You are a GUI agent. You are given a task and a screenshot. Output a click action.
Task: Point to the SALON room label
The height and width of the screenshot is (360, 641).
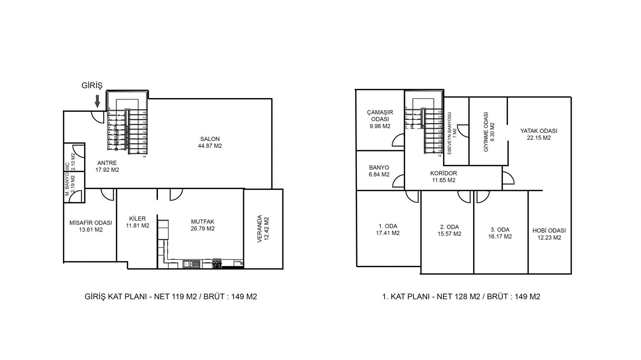210,139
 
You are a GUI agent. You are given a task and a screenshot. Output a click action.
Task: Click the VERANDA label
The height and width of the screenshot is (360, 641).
259,229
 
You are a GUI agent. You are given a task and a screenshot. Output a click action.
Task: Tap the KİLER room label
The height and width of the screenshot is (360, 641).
137,219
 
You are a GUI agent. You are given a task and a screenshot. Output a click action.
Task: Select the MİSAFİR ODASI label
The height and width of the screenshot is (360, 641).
91,223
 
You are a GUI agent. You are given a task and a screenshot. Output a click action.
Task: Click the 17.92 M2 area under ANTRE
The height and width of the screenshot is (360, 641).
107,170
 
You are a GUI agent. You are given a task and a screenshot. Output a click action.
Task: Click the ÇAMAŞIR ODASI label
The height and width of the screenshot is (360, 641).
380,116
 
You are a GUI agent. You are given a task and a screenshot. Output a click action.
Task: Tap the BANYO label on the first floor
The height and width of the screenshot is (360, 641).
379,167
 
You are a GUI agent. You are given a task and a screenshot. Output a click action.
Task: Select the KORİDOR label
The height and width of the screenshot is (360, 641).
443,173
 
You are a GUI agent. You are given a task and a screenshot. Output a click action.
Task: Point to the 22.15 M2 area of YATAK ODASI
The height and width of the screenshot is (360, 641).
539,138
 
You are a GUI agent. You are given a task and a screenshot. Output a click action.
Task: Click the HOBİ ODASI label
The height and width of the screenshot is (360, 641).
549,231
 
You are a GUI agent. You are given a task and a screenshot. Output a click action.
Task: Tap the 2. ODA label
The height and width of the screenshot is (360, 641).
449,227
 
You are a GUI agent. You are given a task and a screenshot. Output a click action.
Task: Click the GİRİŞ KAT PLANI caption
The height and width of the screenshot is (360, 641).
169,297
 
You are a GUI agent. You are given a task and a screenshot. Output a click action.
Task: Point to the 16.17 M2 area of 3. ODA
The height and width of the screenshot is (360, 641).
500,237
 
